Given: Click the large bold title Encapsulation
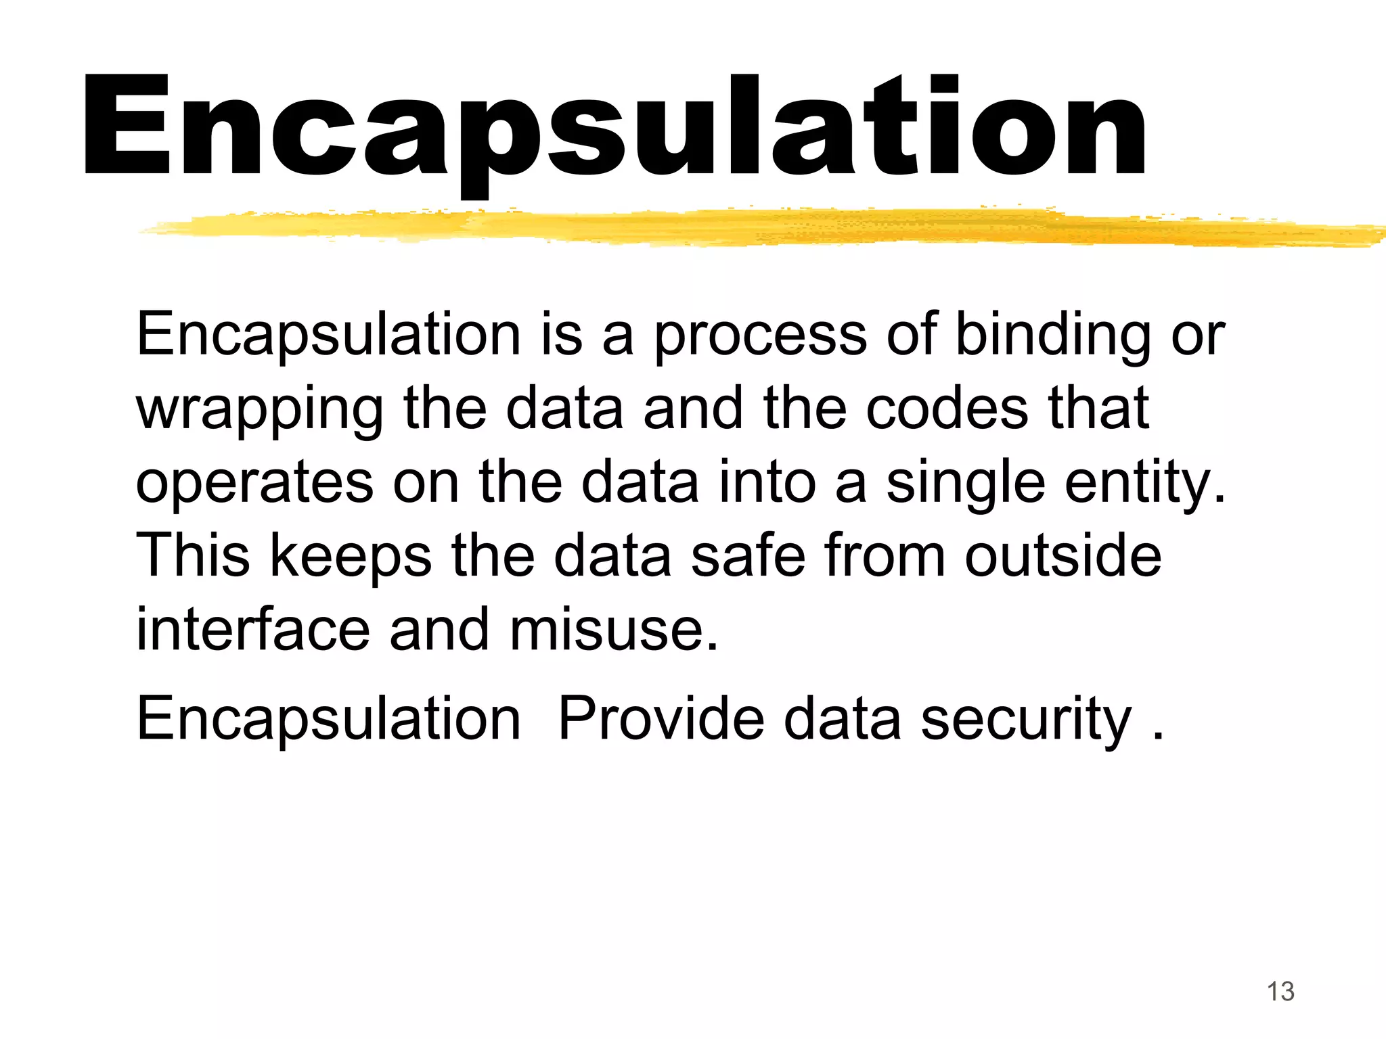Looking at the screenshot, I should click(614, 129).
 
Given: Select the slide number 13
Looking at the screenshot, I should click(1280, 992).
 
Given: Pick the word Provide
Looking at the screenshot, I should click(661, 718).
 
